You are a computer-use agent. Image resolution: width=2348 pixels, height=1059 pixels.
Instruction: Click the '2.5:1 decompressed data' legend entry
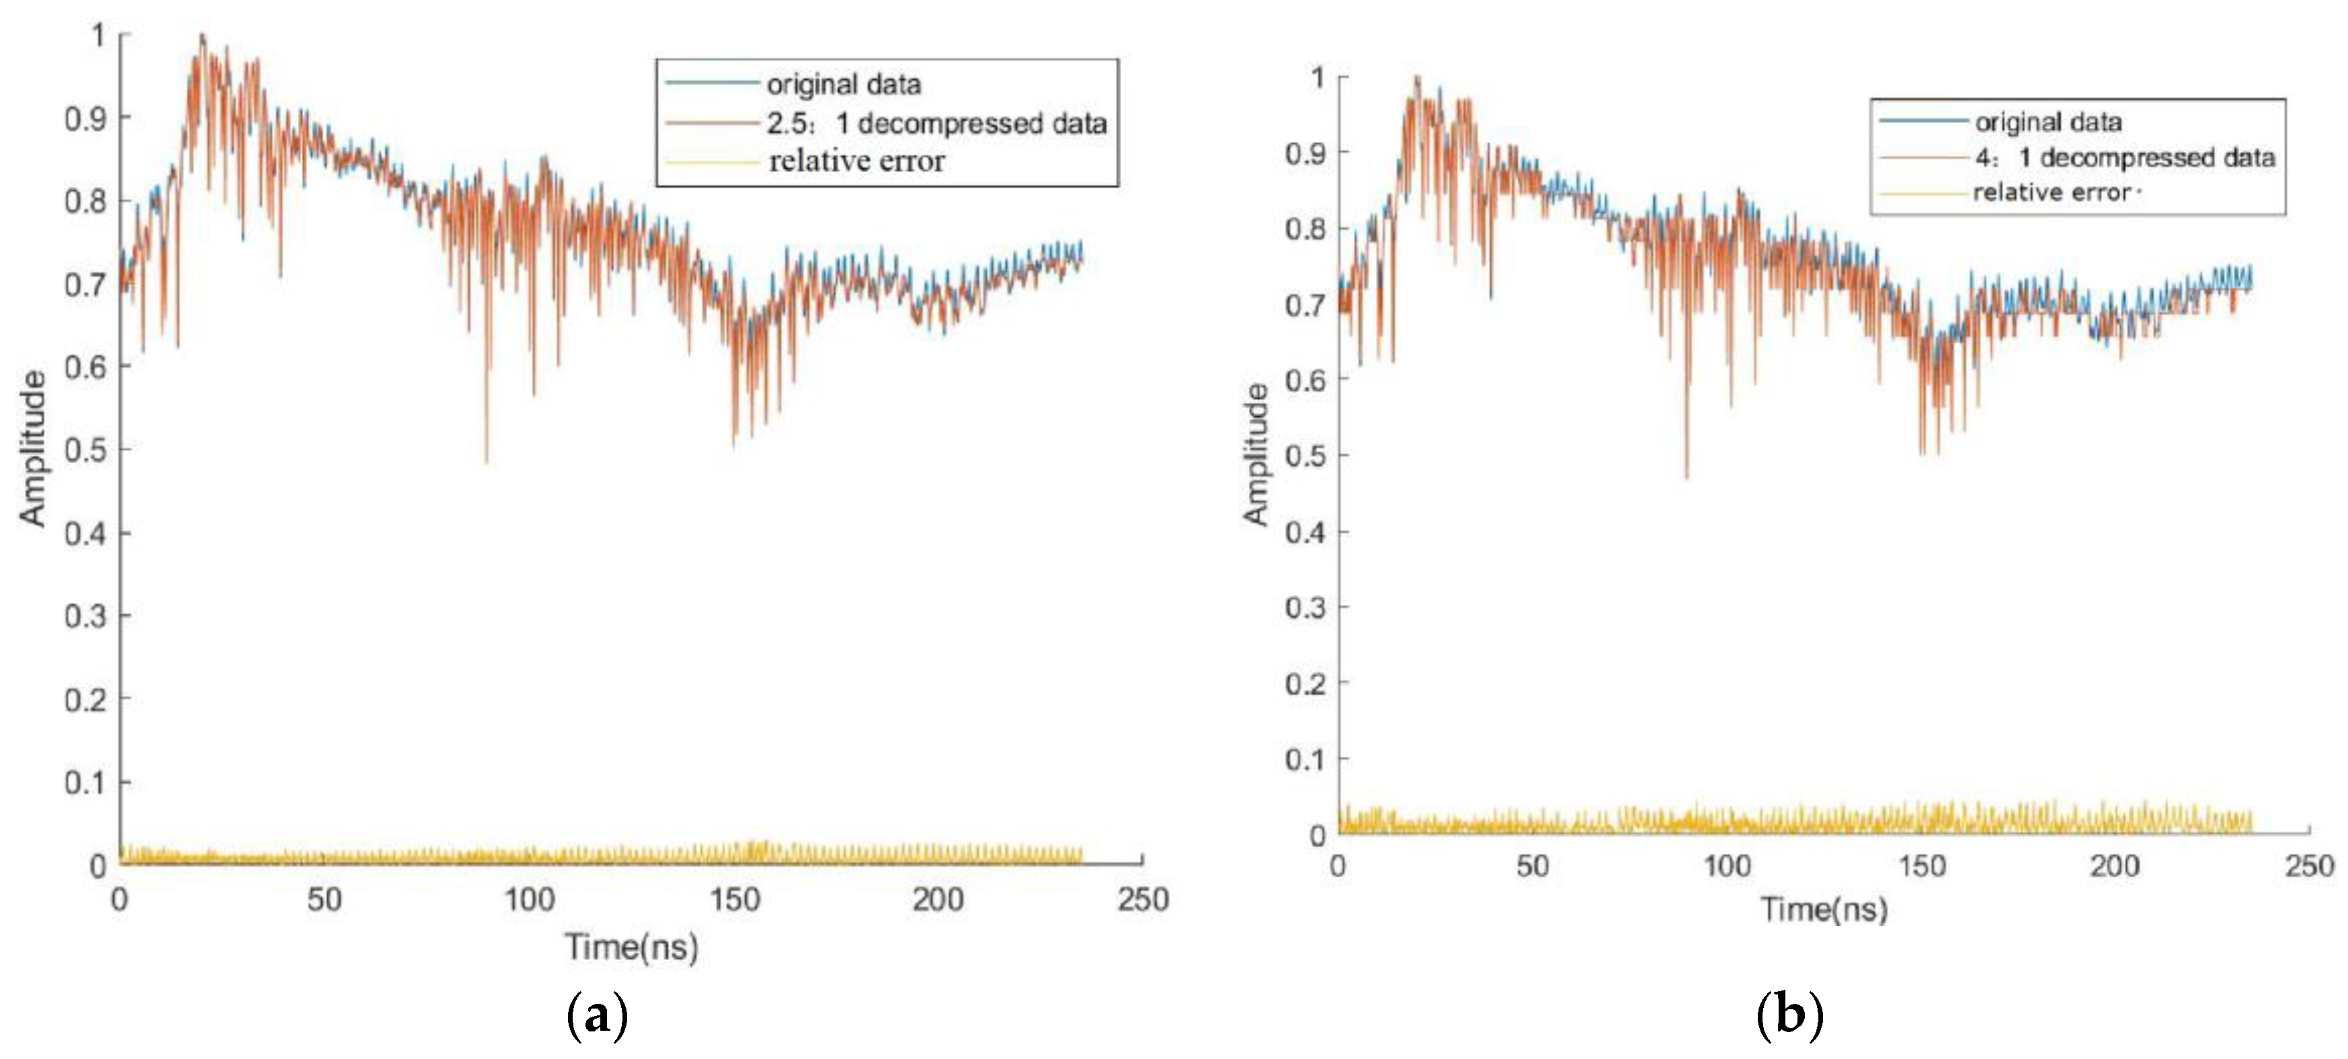click(936, 123)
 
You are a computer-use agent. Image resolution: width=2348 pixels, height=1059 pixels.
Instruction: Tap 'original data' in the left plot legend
click(843, 85)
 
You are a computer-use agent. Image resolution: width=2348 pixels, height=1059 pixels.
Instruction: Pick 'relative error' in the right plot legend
click(2051, 192)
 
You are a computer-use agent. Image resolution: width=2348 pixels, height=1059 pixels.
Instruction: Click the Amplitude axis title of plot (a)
click(33, 448)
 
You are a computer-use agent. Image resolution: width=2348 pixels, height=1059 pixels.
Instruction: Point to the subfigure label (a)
click(597, 1015)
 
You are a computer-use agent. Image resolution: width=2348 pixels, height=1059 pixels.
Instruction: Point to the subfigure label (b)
click(1789, 1015)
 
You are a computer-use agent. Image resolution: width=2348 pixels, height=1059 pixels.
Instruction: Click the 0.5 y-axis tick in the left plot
click(84, 450)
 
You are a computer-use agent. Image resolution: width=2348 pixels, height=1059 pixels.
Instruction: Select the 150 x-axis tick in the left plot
click(735, 900)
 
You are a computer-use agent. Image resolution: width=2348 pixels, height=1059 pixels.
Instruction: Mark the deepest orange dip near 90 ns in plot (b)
click(1687, 477)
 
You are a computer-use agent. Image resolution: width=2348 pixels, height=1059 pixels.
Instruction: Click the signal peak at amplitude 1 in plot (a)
click(202, 36)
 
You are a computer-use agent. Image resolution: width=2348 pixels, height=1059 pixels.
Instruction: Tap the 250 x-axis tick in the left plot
click(1143, 900)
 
